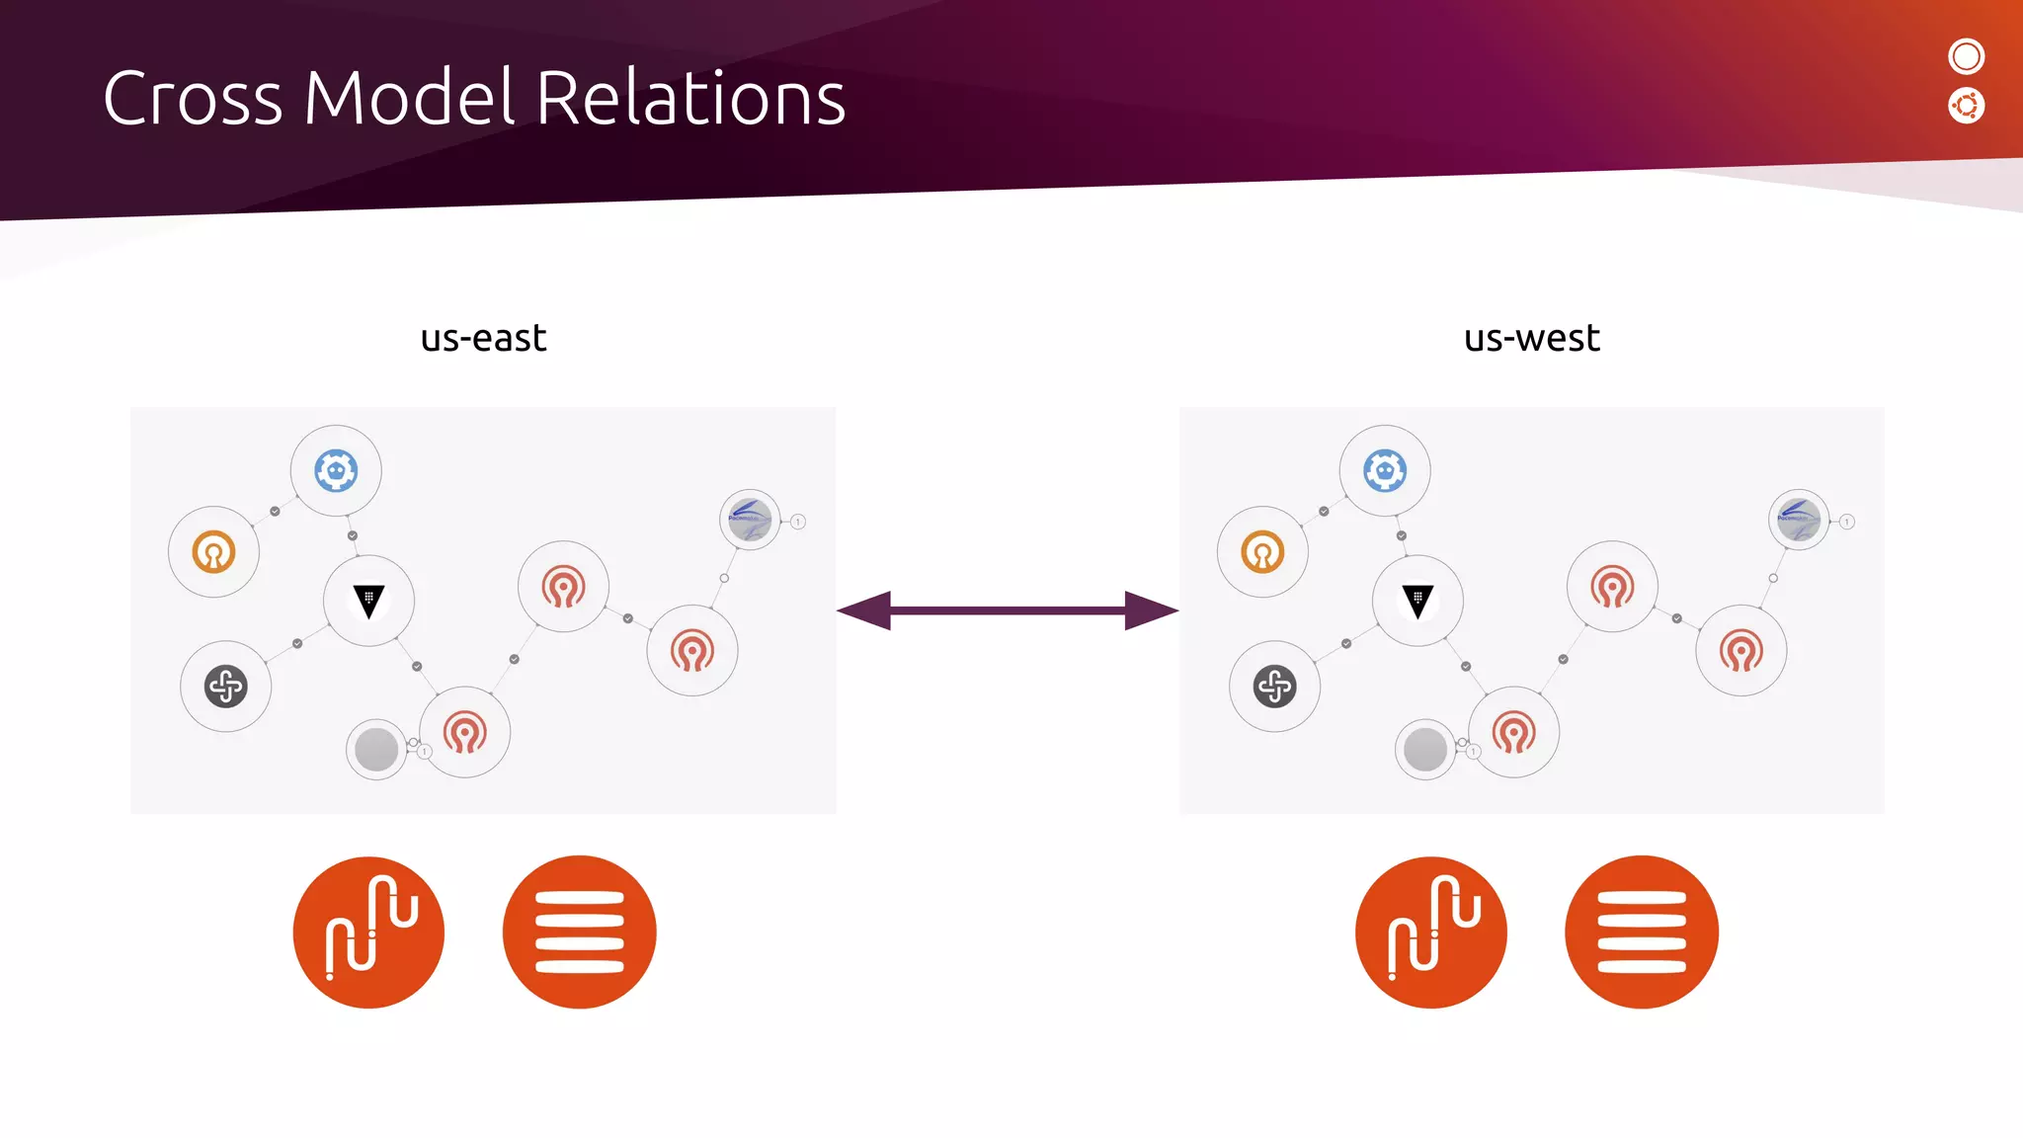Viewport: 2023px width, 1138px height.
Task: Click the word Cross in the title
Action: (193, 99)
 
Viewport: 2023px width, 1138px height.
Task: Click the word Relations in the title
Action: (690, 99)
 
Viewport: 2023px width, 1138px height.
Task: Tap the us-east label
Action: (483, 338)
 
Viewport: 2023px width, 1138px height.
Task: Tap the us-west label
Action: (1531, 338)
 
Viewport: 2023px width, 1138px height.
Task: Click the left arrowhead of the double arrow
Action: (865, 610)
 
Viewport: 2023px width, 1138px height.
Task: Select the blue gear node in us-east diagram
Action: (336, 471)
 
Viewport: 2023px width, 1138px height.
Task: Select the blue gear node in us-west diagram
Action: (1385, 471)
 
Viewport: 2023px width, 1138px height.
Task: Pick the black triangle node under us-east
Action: (368, 601)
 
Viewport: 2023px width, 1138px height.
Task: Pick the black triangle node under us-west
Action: (1417, 601)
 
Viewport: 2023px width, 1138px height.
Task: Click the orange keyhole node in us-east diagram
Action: (213, 551)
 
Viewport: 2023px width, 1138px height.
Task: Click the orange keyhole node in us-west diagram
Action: (1262, 551)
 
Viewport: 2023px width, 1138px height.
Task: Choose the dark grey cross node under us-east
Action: (226, 686)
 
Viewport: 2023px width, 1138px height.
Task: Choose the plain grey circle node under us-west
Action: (1425, 750)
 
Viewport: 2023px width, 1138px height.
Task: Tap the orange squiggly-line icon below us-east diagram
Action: (368, 932)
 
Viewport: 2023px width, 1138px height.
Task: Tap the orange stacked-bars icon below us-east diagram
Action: (579, 932)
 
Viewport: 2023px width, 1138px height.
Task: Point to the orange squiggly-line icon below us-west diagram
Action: (1431, 932)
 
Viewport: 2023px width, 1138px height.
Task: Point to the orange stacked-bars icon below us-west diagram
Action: (1642, 932)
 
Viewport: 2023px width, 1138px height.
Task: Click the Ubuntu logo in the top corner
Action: (1966, 106)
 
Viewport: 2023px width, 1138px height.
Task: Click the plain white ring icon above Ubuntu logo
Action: (1966, 56)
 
